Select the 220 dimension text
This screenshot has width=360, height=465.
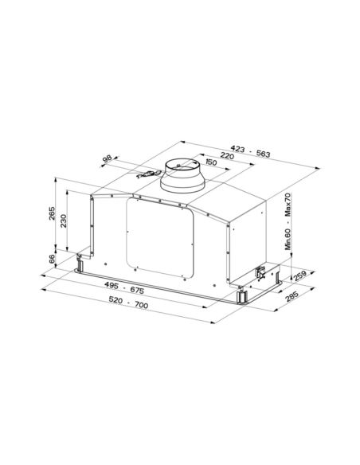coord(226,157)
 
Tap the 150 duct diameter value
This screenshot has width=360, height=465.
coord(211,162)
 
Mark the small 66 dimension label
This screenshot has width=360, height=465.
coord(53,260)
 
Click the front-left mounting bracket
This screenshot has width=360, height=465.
coord(82,262)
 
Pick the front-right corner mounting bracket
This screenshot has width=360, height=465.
coord(241,295)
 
